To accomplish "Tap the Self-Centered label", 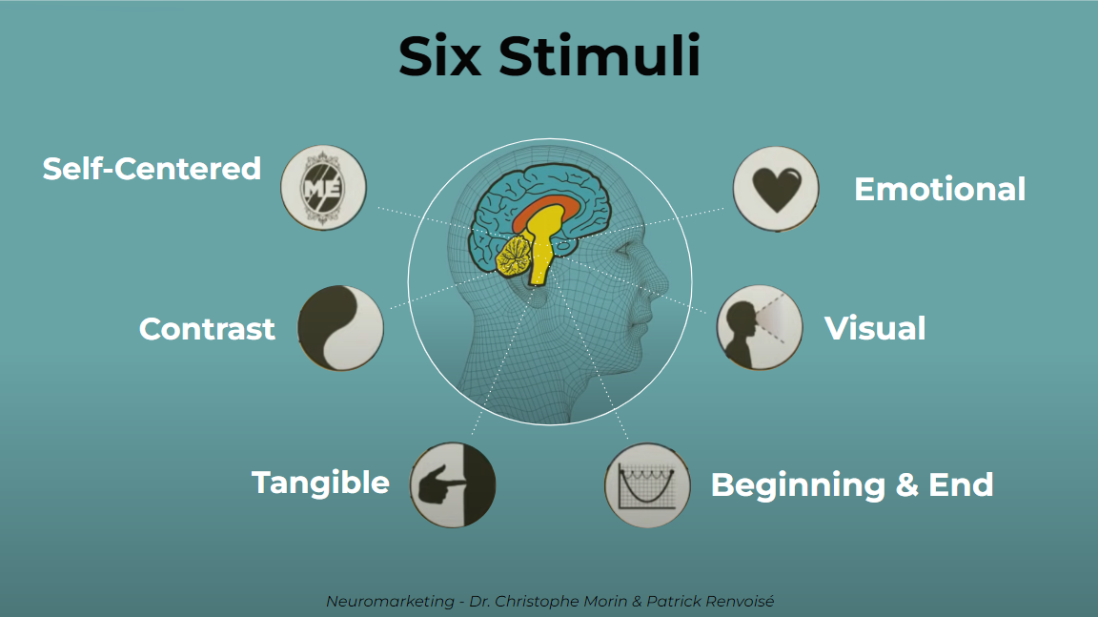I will click(x=152, y=169).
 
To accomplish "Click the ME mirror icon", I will click(x=323, y=187).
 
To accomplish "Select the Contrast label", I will click(x=207, y=329).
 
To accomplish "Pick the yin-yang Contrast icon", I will click(x=340, y=327).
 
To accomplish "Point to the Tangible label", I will click(x=320, y=483).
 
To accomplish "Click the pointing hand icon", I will click(x=453, y=483).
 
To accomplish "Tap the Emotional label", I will click(x=940, y=189).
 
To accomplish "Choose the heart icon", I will click(x=775, y=188).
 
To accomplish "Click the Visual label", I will click(x=875, y=329).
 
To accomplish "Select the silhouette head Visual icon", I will click(x=759, y=327).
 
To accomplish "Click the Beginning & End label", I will click(x=852, y=484).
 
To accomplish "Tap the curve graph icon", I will click(x=647, y=484).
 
